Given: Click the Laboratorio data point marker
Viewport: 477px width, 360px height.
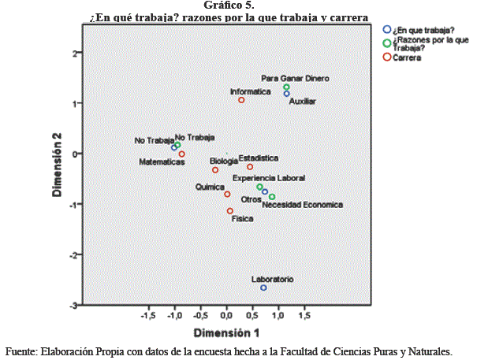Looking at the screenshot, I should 263,288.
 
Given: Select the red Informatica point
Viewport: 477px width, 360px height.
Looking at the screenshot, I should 241,100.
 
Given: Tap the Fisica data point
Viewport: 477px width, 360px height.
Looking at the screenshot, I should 230,211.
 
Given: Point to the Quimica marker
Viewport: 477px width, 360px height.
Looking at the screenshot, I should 227,195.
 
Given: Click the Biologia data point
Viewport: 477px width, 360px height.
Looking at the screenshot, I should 215,169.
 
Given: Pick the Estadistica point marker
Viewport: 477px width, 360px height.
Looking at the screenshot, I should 250,167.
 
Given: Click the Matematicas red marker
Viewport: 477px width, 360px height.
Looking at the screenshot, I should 181,154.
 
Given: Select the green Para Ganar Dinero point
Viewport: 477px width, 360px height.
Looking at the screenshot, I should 287,87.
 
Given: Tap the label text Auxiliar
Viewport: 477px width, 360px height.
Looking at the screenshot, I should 302,102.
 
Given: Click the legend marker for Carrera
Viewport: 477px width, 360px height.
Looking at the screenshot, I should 386,57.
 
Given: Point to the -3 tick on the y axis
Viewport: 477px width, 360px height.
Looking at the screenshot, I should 72,305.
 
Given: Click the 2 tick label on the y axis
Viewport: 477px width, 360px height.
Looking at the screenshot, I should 73,53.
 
